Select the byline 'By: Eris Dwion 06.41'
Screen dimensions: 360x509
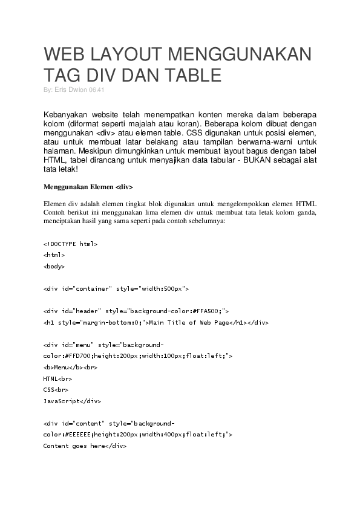pos(75,89)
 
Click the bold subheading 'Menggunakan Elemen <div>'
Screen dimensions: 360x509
pos(88,187)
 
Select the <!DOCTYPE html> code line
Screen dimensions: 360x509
pos(70,244)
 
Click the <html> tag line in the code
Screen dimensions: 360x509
pos(54,255)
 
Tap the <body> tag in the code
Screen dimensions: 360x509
pos(54,266)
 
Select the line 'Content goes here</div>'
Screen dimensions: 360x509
pos(85,446)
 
